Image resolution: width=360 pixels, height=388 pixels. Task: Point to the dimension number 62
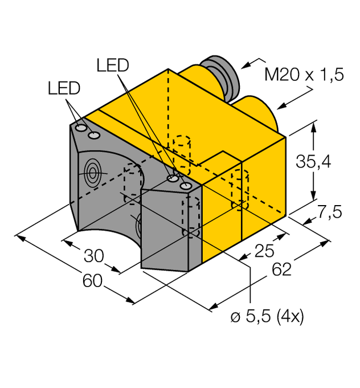[279, 268]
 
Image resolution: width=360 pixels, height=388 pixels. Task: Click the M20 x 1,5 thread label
[304, 75]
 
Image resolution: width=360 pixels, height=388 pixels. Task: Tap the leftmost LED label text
[64, 88]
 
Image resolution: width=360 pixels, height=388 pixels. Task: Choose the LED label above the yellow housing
[113, 66]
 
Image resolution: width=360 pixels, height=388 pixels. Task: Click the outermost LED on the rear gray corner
[81, 130]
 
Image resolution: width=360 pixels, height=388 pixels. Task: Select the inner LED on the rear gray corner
[93, 134]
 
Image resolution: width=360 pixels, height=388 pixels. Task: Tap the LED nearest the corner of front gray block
[185, 186]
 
